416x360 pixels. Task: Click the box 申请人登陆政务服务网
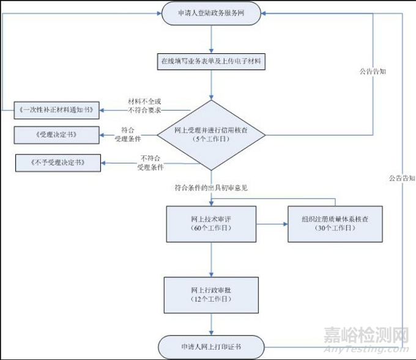point(212,14)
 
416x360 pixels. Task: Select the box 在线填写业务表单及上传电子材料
point(212,61)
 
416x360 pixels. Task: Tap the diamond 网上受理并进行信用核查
point(212,134)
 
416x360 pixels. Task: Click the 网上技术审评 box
point(212,223)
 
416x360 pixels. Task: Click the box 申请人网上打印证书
point(212,346)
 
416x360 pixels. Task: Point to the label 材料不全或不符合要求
point(146,106)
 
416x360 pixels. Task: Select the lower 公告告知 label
point(401,178)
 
